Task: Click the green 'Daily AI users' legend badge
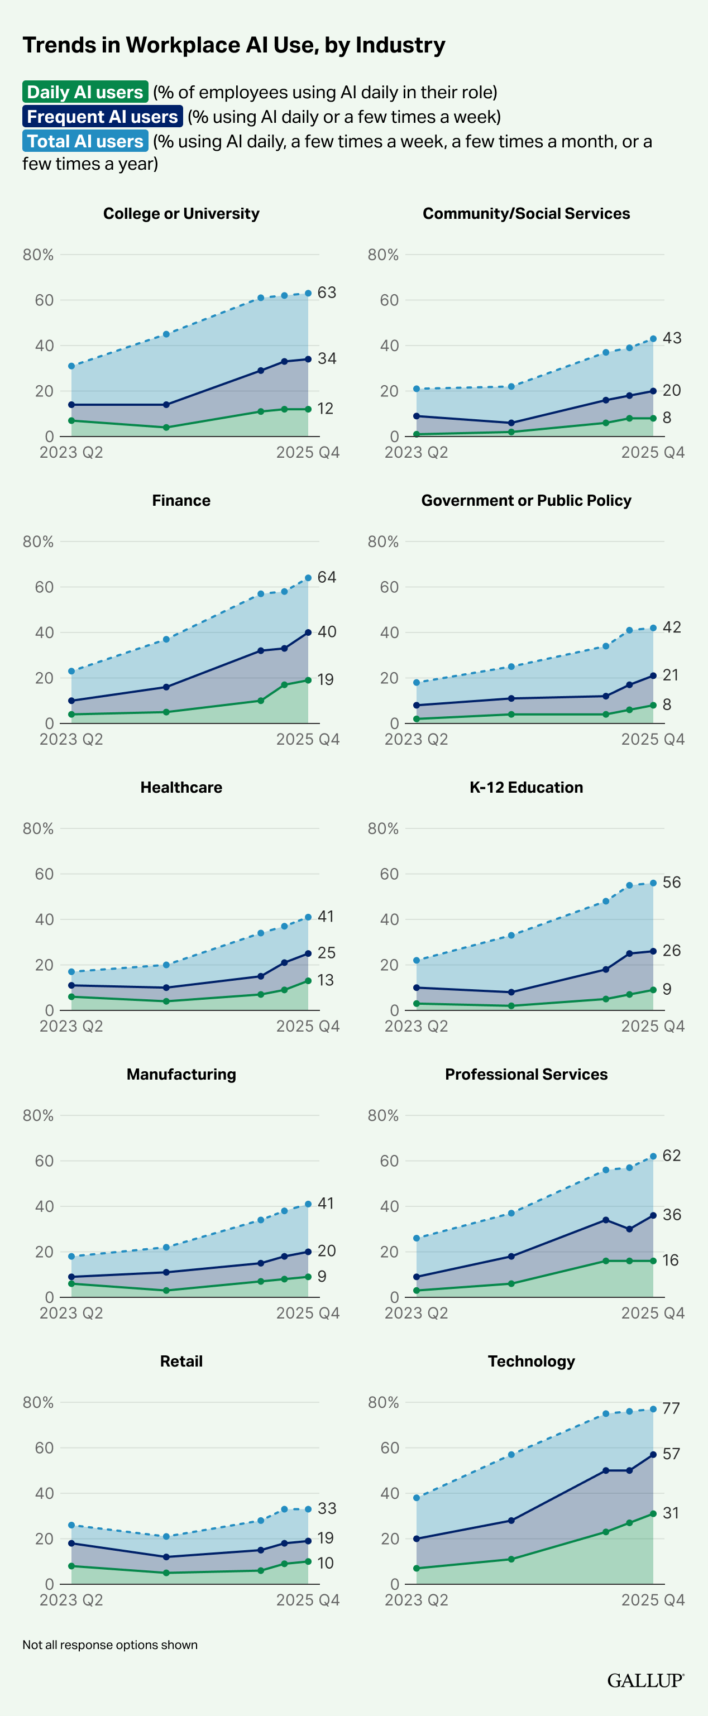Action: click(x=85, y=92)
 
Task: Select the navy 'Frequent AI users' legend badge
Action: click(x=103, y=117)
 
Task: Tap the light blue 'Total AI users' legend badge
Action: click(x=85, y=141)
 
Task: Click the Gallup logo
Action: click(x=645, y=1680)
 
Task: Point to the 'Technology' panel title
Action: click(x=531, y=1361)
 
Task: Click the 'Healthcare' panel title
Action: click(x=181, y=788)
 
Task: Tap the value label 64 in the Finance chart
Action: click(x=326, y=577)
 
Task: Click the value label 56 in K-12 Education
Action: click(x=671, y=883)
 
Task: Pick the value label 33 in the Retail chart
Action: click(x=326, y=1508)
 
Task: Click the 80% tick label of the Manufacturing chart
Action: click(x=38, y=1115)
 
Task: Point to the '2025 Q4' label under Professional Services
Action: click(x=653, y=1313)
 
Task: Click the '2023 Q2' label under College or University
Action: click(x=71, y=452)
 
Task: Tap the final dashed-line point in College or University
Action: click(x=308, y=293)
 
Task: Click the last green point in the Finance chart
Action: click(x=308, y=680)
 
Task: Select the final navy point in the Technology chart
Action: click(x=653, y=1454)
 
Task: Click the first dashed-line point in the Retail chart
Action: click(x=71, y=1525)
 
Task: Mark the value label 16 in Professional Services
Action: click(x=670, y=1260)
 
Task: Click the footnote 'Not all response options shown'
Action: click(x=110, y=1645)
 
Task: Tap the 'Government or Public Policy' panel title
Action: click(x=526, y=500)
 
